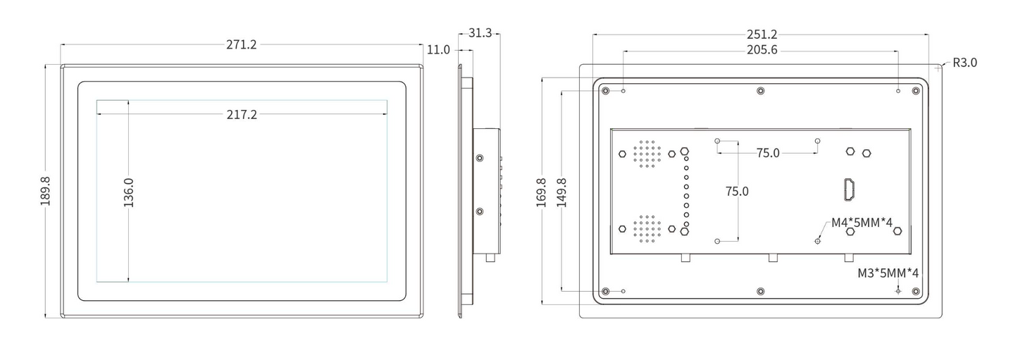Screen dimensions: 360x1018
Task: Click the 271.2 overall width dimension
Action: click(242, 44)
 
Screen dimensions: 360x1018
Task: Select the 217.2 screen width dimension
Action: click(242, 114)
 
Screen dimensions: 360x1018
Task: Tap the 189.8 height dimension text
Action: click(45, 191)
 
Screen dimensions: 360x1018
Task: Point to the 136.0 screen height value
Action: click(129, 192)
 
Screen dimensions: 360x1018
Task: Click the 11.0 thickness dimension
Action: click(437, 50)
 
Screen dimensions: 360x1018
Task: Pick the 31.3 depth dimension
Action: click(479, 33)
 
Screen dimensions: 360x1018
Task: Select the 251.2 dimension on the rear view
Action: click(761, 35)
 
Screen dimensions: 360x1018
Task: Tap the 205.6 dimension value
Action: click(761, 50)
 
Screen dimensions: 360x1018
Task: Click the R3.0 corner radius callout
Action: click(964, 63)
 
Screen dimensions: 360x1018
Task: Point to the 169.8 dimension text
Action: click(542, 192)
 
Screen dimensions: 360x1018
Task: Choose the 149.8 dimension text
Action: click(561, 192)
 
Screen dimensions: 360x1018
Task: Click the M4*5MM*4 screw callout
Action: click(862, 223)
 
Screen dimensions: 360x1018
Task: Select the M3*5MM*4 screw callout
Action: click(888, 273)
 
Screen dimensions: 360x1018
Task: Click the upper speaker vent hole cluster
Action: click(646, 153)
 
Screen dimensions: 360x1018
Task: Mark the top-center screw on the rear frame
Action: click(760, 90)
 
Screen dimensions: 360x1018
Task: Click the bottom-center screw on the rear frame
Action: click(760, 291)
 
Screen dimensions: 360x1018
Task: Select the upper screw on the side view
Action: click(480, 158)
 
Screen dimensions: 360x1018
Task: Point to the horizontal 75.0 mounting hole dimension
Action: click(768, 153)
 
